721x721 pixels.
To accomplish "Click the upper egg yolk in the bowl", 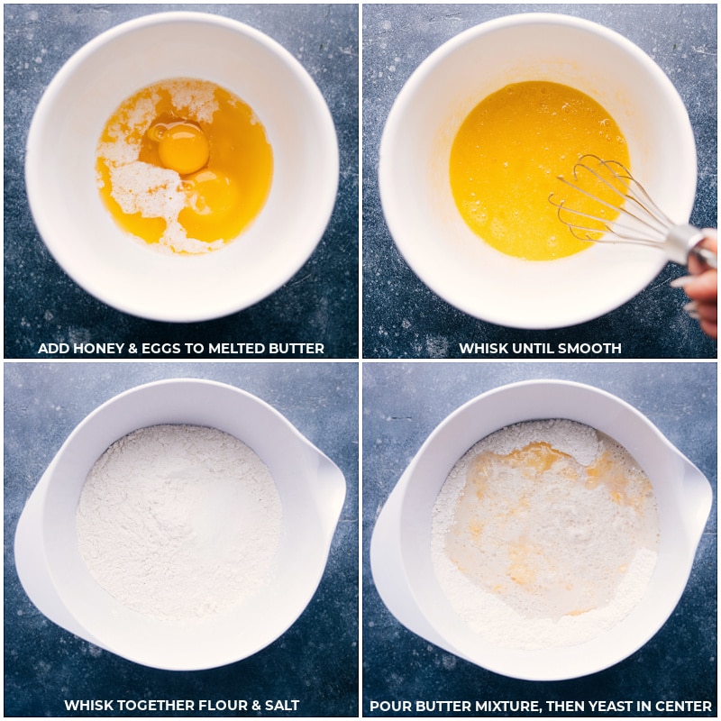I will click(183, 148).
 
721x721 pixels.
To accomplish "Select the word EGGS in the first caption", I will click(152, 349).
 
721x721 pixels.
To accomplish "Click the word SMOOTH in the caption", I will click(591, 349).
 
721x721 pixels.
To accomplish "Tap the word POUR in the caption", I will click(387, 706).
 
